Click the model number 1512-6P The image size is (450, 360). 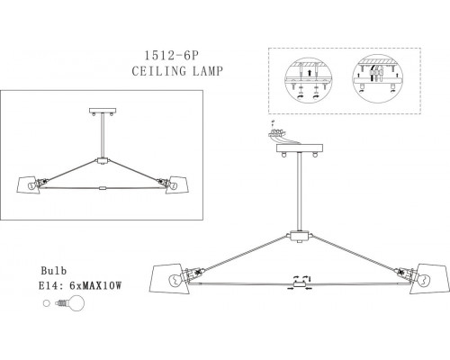click(x=172, y=56)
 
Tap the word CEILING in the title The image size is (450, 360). click(x=159, y=71)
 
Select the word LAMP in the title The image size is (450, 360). click(x=208, y=71)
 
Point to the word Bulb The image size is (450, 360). click(x=54, y=271)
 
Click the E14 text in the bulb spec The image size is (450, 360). click(x=49, y=286)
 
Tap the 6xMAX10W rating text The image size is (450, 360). click(x=95, y=286)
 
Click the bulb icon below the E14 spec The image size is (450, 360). click(x=70, y=303)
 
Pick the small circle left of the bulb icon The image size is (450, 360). click(x=46, y=303)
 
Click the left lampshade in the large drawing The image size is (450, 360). click(x=169, y=278)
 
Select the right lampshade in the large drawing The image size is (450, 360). click(x=430, y=279)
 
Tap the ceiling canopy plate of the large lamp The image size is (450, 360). click(x=300, y=148)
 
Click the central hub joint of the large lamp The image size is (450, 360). click(x=300, y=236)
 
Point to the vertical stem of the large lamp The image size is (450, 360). click(x=300, y=192)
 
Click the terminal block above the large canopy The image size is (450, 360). click(x=277, y=132)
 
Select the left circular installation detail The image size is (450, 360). click(x=309, y=80)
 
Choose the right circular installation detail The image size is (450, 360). click(x=377, y=78)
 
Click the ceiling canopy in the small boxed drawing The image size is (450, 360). click(x=103, y=111)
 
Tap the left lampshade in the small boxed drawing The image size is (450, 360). click(x=29, y=185)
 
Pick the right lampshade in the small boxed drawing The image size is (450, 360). click(x=177, y=184)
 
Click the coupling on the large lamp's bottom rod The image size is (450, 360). click(x=300, y=284)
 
